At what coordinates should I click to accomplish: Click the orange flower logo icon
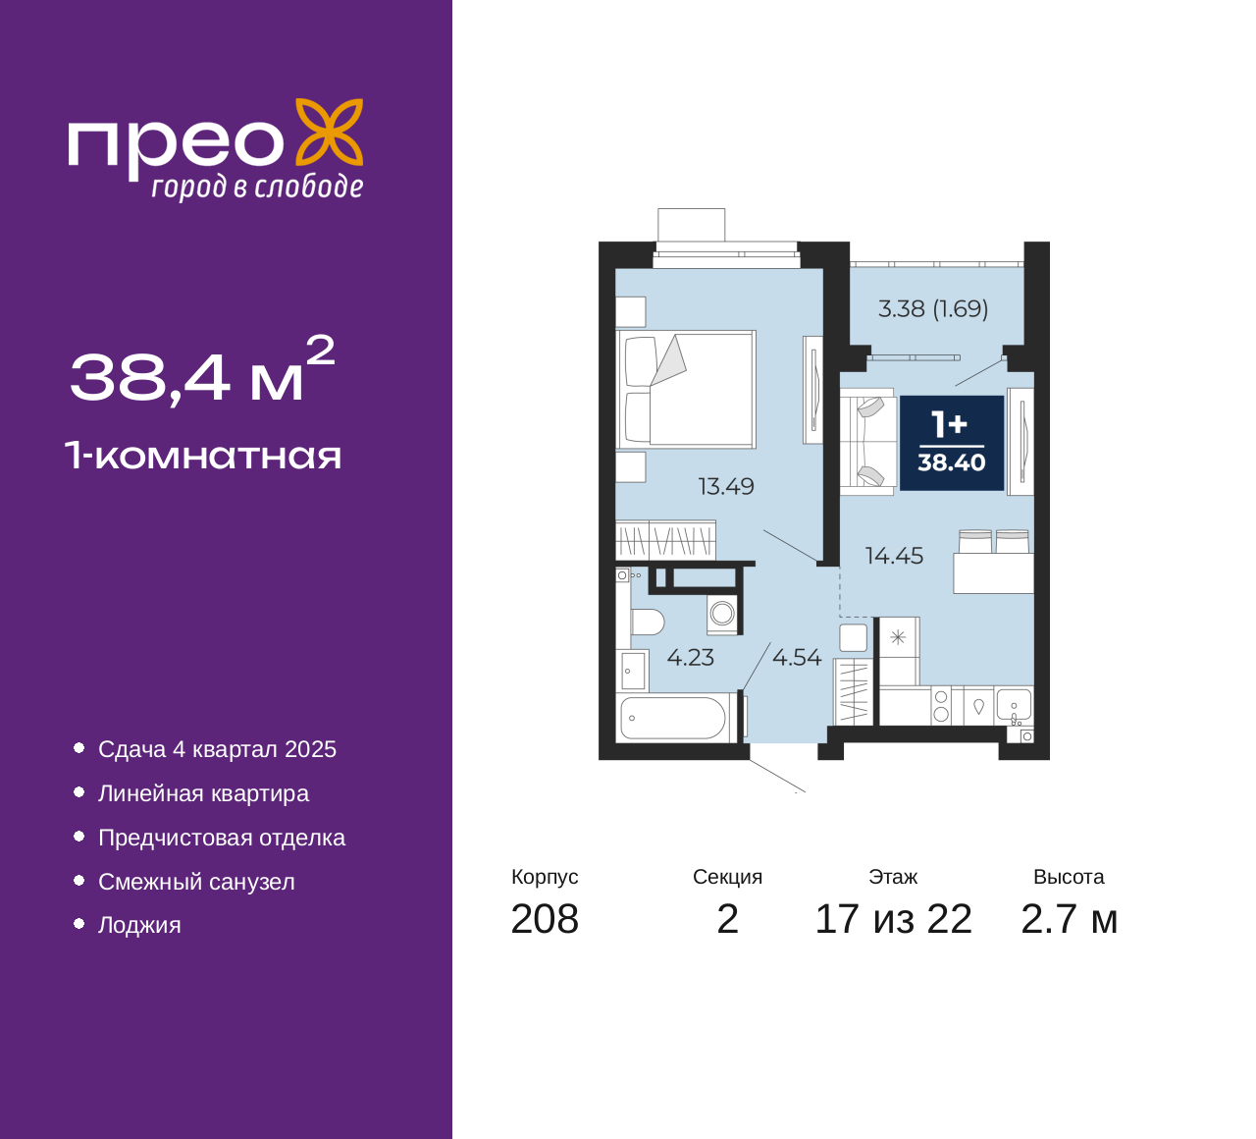click(x=330, y=132)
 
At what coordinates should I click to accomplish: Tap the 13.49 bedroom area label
click(x=726, y=486)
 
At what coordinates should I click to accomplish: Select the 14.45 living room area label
click(x=894, y=556)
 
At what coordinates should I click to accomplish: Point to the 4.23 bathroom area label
click(x=690, y=657)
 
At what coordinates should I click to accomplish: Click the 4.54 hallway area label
click(x=797, y=657)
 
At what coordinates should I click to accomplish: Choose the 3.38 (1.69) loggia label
click(x=933, y=309)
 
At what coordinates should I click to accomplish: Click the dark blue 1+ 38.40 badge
click(x=952, y=443)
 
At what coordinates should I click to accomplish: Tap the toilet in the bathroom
click(x=647, y=622)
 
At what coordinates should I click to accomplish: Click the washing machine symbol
click(x=722, y=614)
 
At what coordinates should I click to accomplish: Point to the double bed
click(x=686, y=390)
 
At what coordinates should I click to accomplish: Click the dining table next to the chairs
click(x=993, y=572)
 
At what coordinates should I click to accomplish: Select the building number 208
click(x=545, y=919)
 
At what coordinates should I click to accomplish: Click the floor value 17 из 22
click(x=893, y=919)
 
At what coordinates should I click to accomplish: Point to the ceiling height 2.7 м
click(x=1069, y=919)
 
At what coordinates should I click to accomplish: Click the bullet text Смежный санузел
click(x=196, y=882)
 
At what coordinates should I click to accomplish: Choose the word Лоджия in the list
click(x=139, y=925)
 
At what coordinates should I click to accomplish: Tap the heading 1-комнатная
click(x=203, y=456)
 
